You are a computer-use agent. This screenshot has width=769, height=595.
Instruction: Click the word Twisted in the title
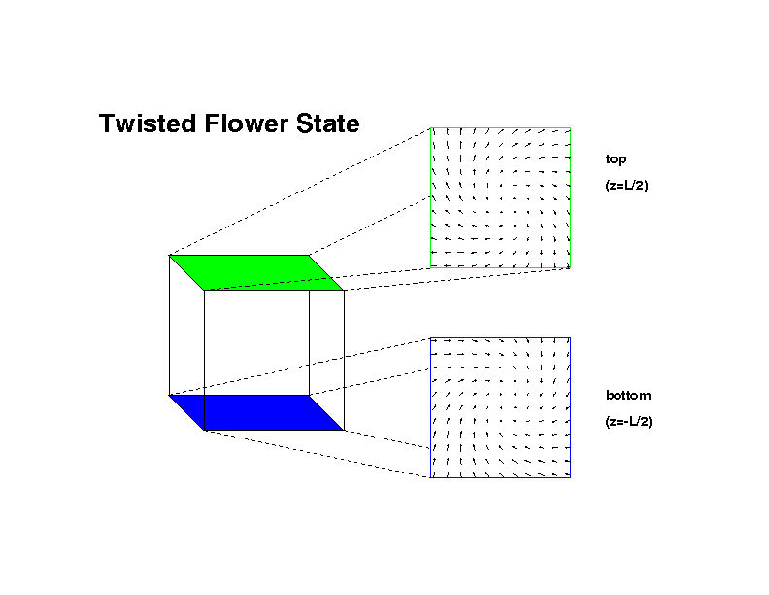pyautogui.click(x=148, y=123)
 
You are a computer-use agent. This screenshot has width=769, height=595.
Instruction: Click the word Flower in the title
pyautogui.click(x=247, y=123)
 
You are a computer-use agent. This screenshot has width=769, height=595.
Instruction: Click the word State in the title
pyautogui.click(x=327, y=123)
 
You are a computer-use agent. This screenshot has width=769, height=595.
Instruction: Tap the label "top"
pyautogui.click(x=616, y=159)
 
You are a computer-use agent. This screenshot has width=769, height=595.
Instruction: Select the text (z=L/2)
pyautogui.click(x=627, y=186)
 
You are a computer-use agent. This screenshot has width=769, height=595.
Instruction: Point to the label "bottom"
pyautogui.click(x=628, y=395)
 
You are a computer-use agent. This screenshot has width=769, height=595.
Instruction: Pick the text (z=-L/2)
pyautogui.click(x=629, y=422)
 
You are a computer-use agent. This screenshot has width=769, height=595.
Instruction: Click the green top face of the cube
pyautogui.click(x=256, y=273)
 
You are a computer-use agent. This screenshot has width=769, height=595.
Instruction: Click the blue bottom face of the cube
pyautogui.click(x=256, y=413)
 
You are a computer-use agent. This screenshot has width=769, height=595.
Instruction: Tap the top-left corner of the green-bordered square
pyautogui.click(x=430, y=128)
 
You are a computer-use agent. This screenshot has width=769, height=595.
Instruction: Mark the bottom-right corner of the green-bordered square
pyautogui.click(x=570, y=267)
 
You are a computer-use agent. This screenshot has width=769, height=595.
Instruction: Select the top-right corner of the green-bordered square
pyautogui.click(x=570, y=128)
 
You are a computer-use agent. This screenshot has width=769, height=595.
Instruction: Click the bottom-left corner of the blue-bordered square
pyautogui.click(x=430, y=477)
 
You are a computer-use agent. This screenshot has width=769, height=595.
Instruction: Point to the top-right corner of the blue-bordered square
pyautogui.click(x=570, y=337)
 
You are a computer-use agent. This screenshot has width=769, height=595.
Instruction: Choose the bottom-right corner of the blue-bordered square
pyautogui.click(x=570, y=477)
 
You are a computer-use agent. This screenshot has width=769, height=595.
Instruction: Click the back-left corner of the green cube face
pyautogui.click(x=169, y=256)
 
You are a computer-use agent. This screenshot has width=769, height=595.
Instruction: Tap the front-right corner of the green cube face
pyautogui.click(x=345, y=290)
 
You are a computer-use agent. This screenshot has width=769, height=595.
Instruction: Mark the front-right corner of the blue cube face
pyautogui.click(x=345, y=431)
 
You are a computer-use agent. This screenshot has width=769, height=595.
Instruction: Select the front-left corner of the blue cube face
pyautogui.click(x=204, y=431)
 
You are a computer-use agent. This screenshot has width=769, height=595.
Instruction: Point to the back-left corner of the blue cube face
pyautogui.click(x=169, y=395)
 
